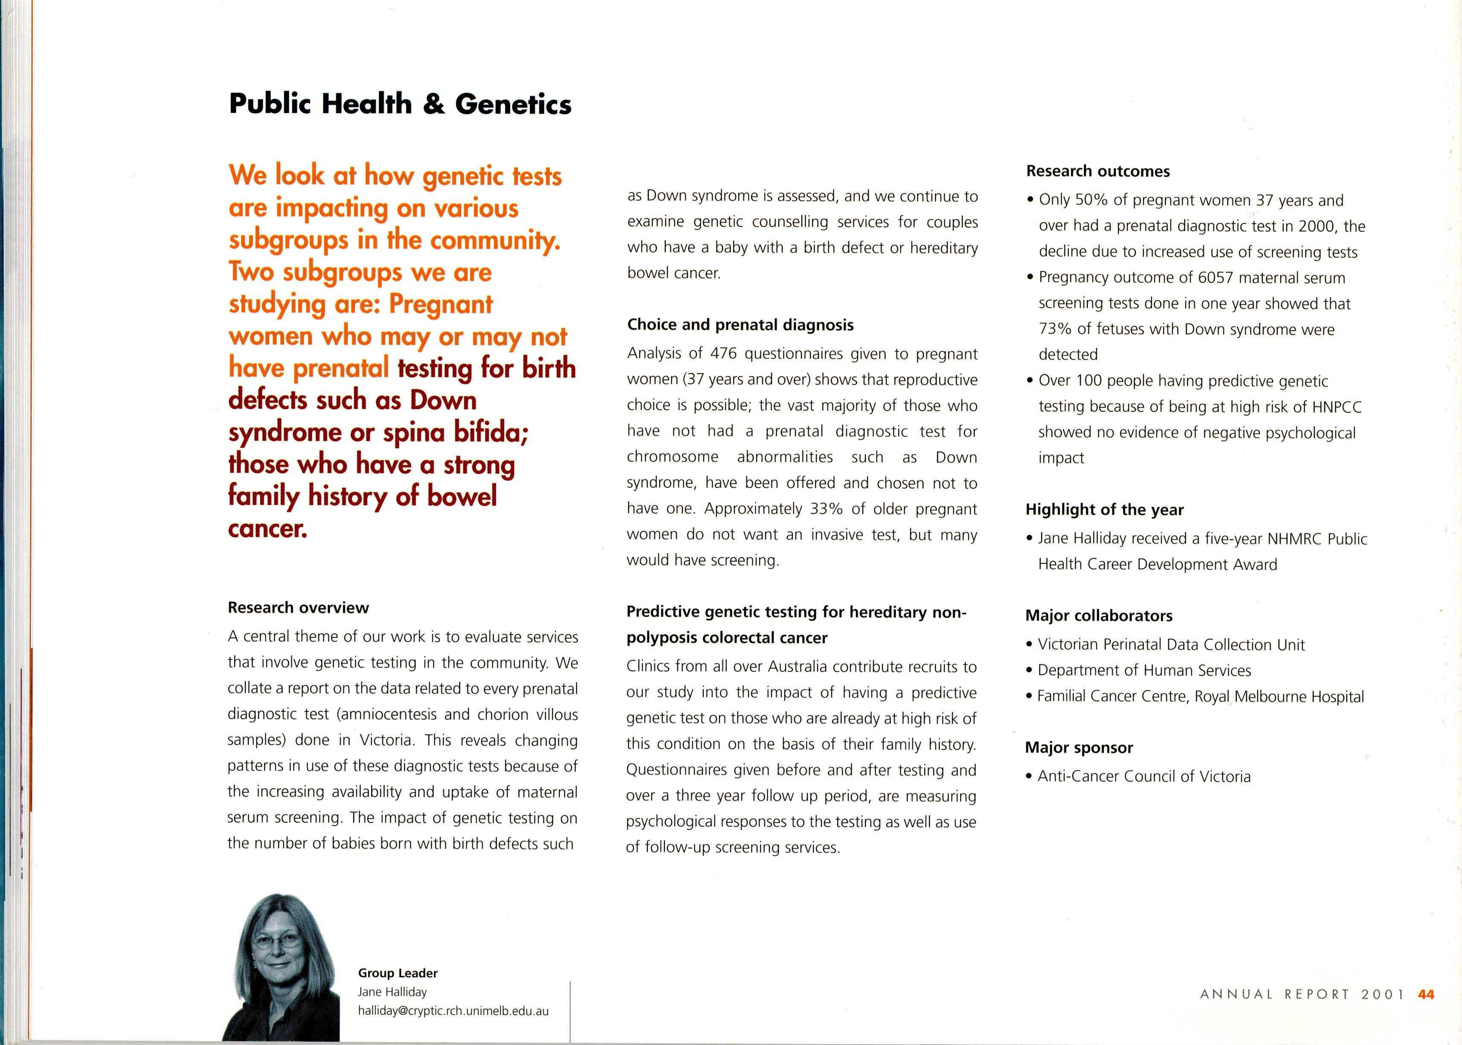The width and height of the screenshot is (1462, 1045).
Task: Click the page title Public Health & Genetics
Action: [x=399, y=104]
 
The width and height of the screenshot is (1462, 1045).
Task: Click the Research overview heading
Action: [x=298, y=608]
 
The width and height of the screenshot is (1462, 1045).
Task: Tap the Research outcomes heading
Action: [x=1098, y=171]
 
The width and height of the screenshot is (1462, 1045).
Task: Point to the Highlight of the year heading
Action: [x=1104, y=509]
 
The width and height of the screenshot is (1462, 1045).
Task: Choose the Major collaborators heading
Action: [x=1098, y=616]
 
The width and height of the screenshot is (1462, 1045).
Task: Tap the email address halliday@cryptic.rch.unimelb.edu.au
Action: [x=453, y=1011]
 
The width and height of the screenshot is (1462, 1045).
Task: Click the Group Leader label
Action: [x=398, y=973]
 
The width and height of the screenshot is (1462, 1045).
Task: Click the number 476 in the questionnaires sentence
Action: [x=723, y=354]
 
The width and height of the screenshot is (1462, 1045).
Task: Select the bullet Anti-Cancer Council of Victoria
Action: [x=1144, y=777]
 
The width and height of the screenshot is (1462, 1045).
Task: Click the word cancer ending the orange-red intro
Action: [x=267, y=528]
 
